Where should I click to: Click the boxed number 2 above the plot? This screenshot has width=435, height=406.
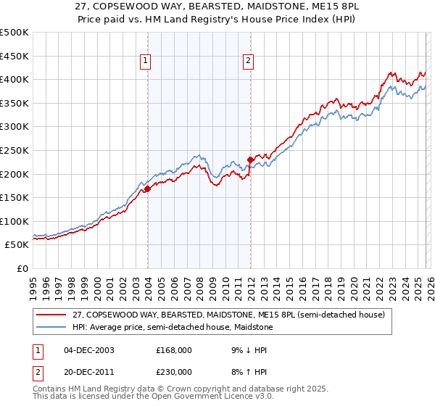[x=249, y=62]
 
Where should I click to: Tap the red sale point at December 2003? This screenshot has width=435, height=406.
[x=147, y=188]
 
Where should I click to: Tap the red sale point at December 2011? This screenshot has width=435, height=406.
[x=250, y=159]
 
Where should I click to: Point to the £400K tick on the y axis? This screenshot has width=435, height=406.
[x=15, y=80]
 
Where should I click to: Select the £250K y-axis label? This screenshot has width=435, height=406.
[x=15, y=150]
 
